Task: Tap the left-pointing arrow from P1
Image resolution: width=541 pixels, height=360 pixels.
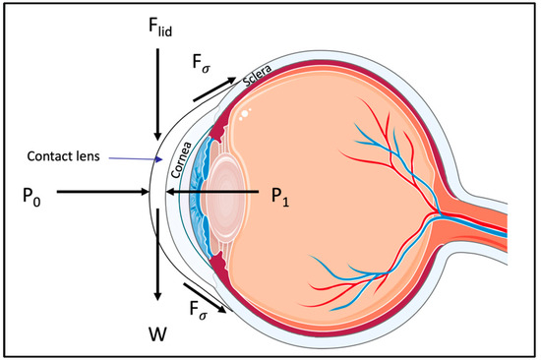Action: pyautogui.click(x=211, y=193)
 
